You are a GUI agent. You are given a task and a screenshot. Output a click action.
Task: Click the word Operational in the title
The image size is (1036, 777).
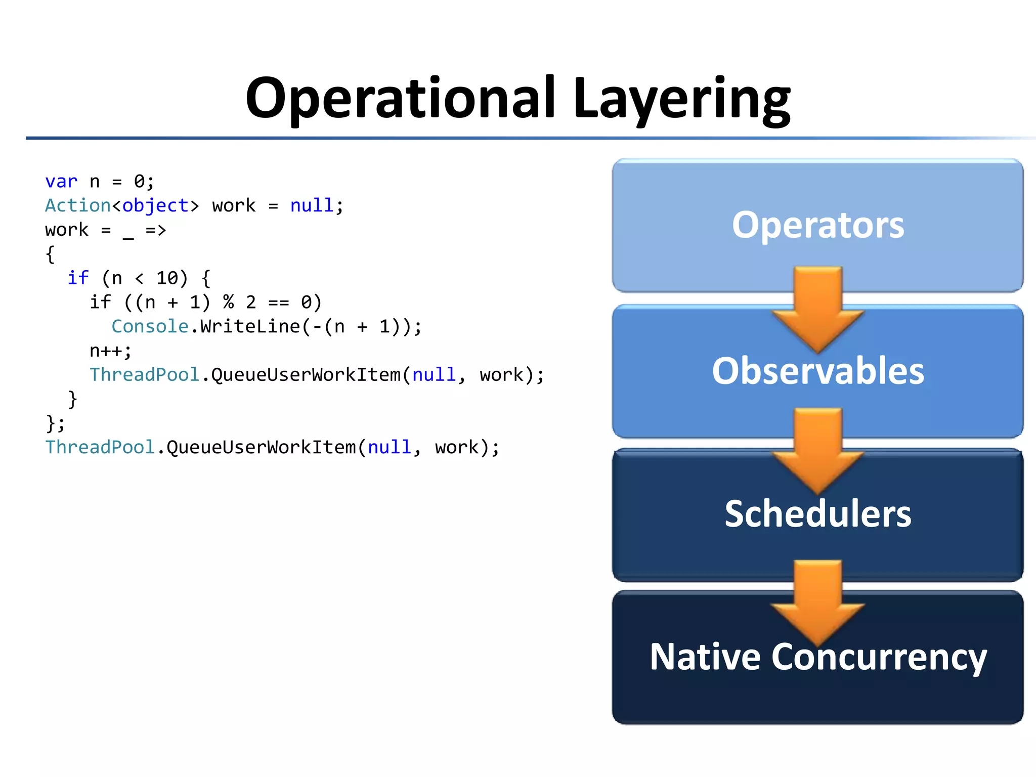400,99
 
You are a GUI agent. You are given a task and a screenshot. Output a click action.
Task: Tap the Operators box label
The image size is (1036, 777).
817,225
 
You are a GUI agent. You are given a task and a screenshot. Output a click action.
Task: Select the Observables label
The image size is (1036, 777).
817,371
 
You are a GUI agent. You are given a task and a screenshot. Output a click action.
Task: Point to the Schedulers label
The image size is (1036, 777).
817,514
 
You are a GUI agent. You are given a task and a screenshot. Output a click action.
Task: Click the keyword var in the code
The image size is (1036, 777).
61,182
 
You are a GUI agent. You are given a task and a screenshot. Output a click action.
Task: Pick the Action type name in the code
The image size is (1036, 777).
77,206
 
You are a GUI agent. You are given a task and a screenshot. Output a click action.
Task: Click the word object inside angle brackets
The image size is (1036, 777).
155,206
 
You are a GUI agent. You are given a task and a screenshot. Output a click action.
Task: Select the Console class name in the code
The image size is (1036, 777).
150,327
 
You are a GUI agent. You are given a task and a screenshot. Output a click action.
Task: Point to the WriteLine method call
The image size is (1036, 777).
250,327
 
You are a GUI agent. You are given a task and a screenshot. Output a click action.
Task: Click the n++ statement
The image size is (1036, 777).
110,351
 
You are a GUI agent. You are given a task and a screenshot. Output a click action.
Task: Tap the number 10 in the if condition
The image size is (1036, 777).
167,278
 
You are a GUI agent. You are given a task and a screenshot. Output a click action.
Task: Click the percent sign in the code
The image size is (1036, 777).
229,303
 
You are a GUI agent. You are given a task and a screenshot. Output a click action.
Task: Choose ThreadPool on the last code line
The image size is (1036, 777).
100,448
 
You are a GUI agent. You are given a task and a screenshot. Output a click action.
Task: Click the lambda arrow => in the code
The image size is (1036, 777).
156,230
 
